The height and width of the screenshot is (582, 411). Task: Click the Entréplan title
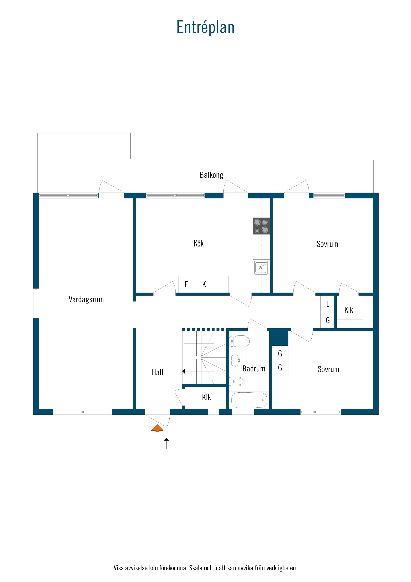pyautogui.click(x=205, y=27)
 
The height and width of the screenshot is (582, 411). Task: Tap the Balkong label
pyautogui.click(x=212, y=175)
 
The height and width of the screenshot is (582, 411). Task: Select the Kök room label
pyautogui.click(x=198, y=244)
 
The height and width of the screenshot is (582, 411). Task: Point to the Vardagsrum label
pyautogui.click(x=86, y=300)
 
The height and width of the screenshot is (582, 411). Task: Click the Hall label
pyautogui.click(x=157, y=373)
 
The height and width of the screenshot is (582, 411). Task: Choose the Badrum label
pyautogui.click(x=254, y=369)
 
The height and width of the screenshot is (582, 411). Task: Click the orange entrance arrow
pyautogui.click(x=157, y=428)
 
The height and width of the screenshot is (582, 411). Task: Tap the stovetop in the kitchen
pyautogui.click(x=261, y=226)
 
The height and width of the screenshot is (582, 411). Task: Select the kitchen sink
pyautogui.click(x=261, y=267)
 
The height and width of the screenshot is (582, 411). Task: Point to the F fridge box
pyautogui.click(x=187, y=284)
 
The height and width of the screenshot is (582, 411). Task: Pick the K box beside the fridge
pyautogui.click(x=203, y=284)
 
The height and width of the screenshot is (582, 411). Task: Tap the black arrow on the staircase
pyautogui.click(x=184, y=371)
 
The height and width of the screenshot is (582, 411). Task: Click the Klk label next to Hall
pyautogui.click(x=206, y=397)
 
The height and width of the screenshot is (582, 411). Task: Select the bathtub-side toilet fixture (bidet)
pyautogui.click(x=238, y=381)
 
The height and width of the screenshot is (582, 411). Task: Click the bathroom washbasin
pyautogui.click(x=235, y=360)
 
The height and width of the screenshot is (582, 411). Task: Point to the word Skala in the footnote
pyautogui.click(x=196, y=568)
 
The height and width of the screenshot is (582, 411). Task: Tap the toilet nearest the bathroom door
pyautogui.click(x=239, y=341)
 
